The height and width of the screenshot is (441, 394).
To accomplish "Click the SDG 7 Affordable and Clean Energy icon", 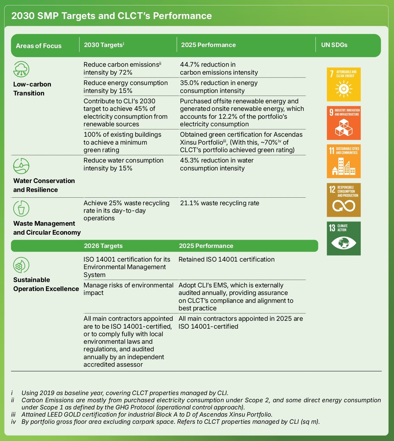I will click(x=343, y=84).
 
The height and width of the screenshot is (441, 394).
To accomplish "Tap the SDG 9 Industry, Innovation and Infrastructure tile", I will click(x=343, y=123).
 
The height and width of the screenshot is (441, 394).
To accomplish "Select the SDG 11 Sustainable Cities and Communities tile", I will click(x=343, y=161).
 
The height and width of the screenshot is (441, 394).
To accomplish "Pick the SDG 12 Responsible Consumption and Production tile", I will click(x=343, y=200).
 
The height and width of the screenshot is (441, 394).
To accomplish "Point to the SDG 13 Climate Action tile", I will click(x=343, y=238).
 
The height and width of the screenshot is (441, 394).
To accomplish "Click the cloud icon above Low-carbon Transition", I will click(x=21, y=69).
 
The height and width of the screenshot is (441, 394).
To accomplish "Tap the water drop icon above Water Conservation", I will click(x=21, y=166).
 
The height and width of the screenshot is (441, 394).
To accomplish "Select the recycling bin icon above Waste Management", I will click(x=21, y=208).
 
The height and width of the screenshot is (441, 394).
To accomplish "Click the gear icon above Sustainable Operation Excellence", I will click(x=21, y=265).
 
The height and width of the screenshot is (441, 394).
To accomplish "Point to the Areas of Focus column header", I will click(x=39, y=46).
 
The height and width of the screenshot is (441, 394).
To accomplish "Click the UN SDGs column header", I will click(x=334, y=45).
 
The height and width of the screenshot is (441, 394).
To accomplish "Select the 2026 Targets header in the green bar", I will click(x=103, y=246).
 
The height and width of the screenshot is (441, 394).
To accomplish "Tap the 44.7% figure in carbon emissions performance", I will click(x=189, y=65).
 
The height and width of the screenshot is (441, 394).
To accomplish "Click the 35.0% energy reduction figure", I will click(x=190, y=83).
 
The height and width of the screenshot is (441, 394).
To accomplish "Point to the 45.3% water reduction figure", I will click(x=190, y=160).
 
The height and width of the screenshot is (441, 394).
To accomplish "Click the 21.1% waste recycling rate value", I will click(x=189, y=203).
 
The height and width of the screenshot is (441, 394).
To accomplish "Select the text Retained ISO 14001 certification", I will click(x=227, y=259).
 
